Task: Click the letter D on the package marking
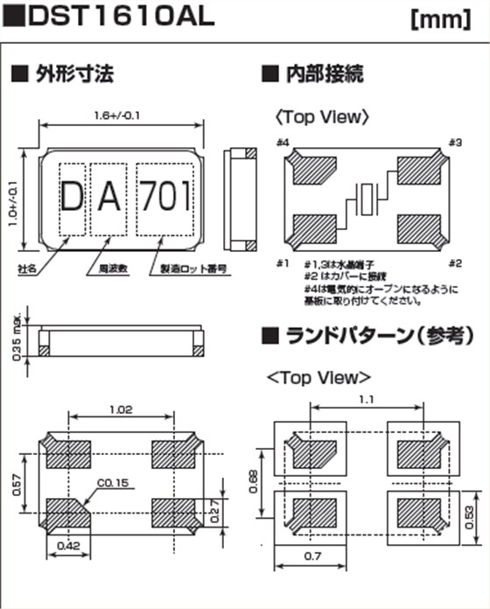[x=72, y=198]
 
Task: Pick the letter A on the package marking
[x=108, y=198]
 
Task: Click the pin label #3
[x=455, y=143]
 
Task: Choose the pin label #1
[x=282, y=263]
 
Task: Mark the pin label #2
[x=455, y=263]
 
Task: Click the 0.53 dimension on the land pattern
[x=470, y=514]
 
